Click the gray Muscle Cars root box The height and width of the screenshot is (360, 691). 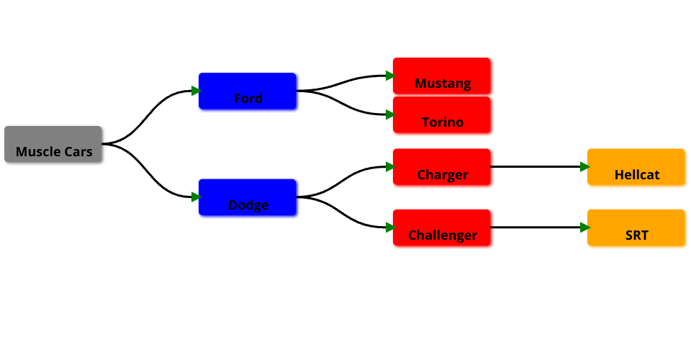(53, 144)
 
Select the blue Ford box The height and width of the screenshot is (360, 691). (248, 91)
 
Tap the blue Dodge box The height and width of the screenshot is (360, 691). (248, 197)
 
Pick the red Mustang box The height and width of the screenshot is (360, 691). (442, 76)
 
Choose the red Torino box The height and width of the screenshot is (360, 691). (442, 114)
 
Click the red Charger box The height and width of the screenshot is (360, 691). (442, 167)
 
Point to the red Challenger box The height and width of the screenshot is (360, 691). (442, 228)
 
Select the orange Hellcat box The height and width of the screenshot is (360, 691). (636, 167)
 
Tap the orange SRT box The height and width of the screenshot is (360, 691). (636, 228)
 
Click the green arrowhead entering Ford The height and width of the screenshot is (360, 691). (195, 91)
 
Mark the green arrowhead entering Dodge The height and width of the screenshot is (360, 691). (195, 197)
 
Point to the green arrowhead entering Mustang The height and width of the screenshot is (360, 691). (389, 76)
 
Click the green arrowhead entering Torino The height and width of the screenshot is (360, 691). (389, 114)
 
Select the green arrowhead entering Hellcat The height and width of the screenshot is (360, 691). (584, 167)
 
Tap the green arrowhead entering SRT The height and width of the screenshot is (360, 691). (584, 228)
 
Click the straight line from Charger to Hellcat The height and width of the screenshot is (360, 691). (536, 167)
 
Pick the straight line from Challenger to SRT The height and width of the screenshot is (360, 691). (536, 228)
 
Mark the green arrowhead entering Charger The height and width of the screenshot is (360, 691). (389, 167)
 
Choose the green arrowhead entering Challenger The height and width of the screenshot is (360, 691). (389, 228)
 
